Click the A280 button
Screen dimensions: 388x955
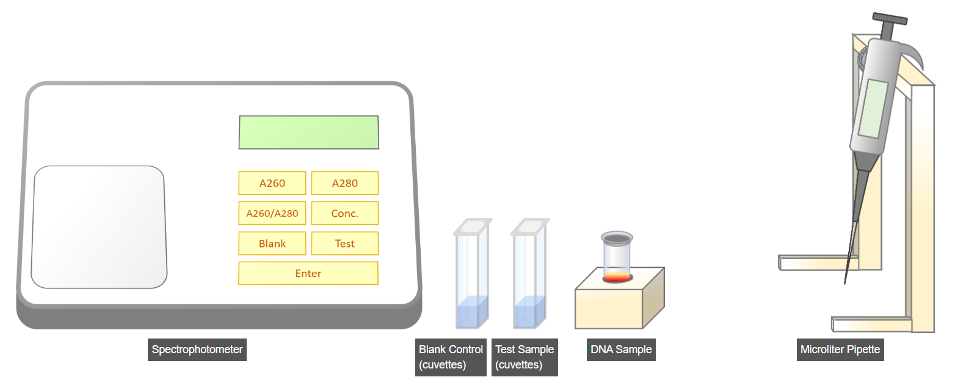(345, 183)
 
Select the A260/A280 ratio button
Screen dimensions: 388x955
(272, 213)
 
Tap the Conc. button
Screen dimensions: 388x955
(345, 213)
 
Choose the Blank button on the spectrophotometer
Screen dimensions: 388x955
(272, 243)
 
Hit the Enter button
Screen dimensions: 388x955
(308, 273)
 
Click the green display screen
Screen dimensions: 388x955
(308, 132)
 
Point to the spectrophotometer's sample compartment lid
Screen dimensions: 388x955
(99, 227)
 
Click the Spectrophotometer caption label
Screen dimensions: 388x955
(197, 350)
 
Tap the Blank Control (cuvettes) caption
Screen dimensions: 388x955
(451, 357)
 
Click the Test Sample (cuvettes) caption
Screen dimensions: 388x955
(525, 357)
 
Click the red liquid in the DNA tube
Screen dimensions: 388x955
(617, 277)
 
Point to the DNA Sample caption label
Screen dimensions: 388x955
(621, 350)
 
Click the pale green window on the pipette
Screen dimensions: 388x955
(873, 109)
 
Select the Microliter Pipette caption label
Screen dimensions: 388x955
(840, 350)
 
